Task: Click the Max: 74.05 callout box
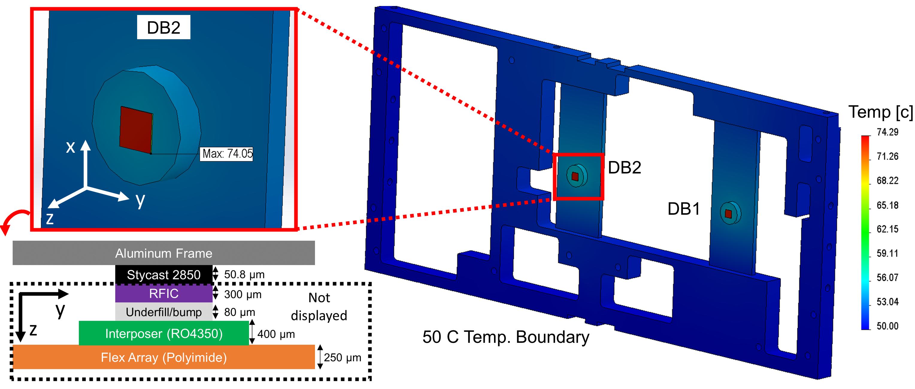[226, 154]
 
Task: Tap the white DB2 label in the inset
[164, 27]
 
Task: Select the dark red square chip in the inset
[136, 130]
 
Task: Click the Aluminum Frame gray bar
[164, 253]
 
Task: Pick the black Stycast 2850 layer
[164, 275]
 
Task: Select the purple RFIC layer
[164, 293]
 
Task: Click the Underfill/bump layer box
[164, 312]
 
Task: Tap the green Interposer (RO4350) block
[164, 333]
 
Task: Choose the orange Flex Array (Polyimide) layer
[164, 357]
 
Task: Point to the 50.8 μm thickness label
[244, 275]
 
